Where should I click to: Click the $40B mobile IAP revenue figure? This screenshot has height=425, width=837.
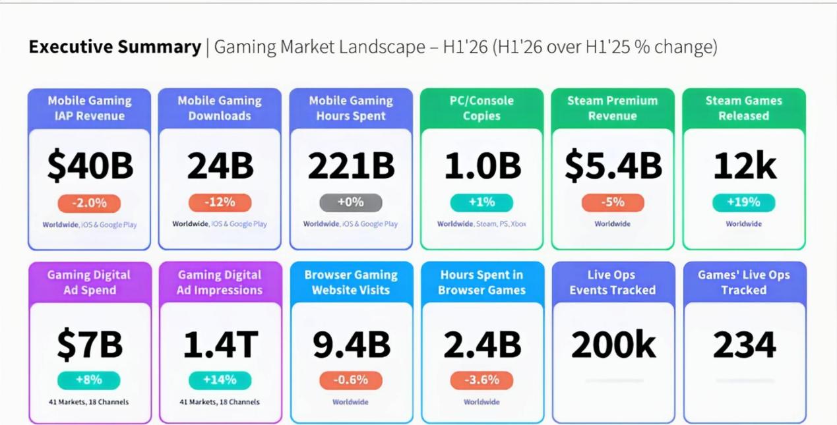coord(90,165)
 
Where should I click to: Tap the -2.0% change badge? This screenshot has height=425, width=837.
coord(89,204)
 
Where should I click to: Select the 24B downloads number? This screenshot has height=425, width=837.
coord(220,165)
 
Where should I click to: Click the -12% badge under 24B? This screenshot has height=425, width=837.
coord(220,202)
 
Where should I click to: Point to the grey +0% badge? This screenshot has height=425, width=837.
coord(351,202)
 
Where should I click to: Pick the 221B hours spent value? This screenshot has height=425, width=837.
coord(351,165)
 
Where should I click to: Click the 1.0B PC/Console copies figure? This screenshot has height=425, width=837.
coord(482,165)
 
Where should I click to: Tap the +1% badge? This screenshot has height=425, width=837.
coord(481,202)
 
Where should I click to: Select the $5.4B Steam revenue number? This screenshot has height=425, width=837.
coord(613,165)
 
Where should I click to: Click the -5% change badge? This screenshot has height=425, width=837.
coord(613,202)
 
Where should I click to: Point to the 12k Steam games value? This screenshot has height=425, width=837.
coord(745,165)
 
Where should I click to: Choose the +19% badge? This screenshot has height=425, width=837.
coord(744,202)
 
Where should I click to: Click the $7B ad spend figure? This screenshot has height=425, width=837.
coord(90,344)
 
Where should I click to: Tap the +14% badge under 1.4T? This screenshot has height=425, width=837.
coord(220,380)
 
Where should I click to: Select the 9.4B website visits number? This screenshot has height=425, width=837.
coord(352,344)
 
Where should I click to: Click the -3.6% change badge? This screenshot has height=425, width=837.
coord(481,380)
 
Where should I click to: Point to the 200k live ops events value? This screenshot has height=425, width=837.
coord(613,344)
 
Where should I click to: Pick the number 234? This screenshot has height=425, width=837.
coord(745,344)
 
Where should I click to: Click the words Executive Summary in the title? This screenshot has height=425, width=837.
coord(115,47)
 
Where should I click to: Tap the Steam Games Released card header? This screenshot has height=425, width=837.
coord(744,108)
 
